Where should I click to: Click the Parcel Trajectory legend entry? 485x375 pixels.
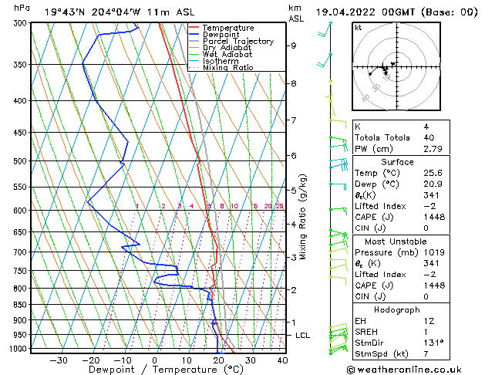click(237, 41)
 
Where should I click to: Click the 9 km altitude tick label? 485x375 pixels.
click(294, 46)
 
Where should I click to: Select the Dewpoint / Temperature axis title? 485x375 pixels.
click(155, 370)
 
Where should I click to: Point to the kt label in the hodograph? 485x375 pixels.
click(359, 27)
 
